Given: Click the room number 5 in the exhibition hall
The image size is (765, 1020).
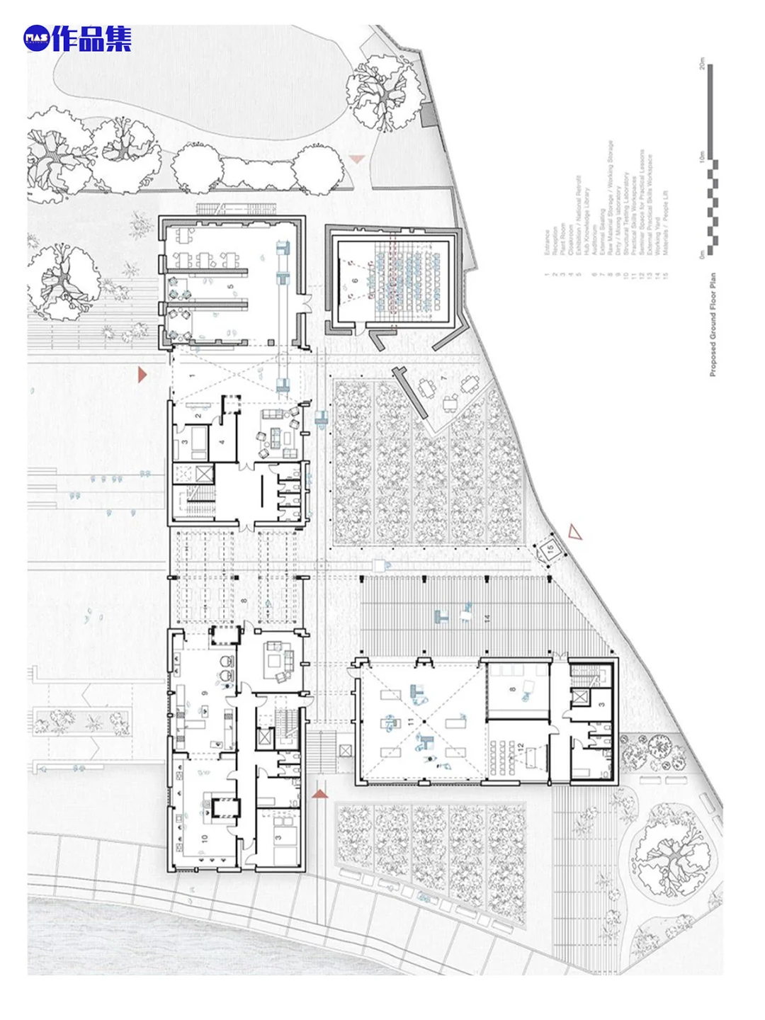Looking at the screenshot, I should [x=230, y=287].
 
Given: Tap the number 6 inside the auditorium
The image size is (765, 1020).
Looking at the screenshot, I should [x=355, y=281].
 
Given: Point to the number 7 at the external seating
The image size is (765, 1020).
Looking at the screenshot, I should [x=444, y=379].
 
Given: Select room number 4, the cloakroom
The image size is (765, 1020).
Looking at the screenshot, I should [x=222, y=442].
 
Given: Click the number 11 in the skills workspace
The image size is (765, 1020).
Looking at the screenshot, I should [x=410, y=722].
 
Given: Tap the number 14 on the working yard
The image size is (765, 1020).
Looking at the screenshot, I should [x=487, y=618].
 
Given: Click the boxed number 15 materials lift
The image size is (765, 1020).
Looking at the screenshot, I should [x=549, y=548].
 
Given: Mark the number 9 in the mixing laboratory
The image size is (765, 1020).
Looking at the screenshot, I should [x=205, y=692].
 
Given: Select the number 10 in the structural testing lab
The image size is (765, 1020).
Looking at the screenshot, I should [x=205, y=838].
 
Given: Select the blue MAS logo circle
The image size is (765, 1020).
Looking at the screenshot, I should [x=36, y=38].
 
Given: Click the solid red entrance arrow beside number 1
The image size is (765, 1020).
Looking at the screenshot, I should [x=142, y=374].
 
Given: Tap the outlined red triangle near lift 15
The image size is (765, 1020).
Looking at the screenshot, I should [x=574, y=531].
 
